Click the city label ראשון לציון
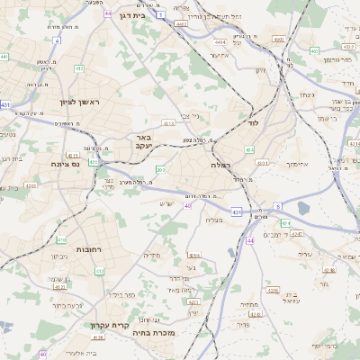click(79, 103)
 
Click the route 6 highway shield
click(278, 207)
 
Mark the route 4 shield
click(56, 40)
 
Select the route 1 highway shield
click(160, 15)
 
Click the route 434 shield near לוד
click(249, 149)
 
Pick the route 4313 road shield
click(167, 122)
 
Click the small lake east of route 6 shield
click(301, 208)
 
